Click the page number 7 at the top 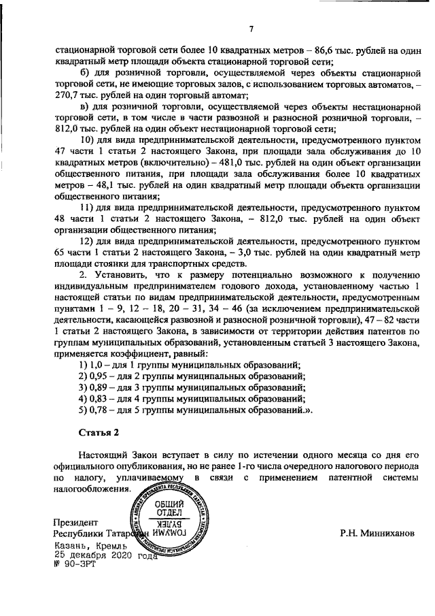click(x=250, y=28)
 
